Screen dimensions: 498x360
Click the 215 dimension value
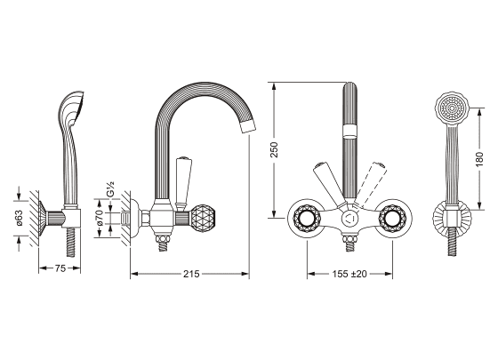click(x=191, y=274)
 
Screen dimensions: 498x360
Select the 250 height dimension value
click(x=274, y=150)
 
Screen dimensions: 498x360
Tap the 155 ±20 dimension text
click(x=349, y=274)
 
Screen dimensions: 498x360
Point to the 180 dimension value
click(x=479, y=159)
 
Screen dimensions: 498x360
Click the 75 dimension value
click(x=60, y=268)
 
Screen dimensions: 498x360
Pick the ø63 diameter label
click(x=19, y=218)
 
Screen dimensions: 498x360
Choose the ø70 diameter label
click(x=99, y=218)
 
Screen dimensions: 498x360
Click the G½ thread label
click(x=110, y=189)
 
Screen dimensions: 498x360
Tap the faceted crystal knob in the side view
click(x=201, y=218)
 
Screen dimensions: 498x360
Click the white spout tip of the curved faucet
click(x=248, y=126)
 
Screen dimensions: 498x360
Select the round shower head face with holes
click(x=452, y=108)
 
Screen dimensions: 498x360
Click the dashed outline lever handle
click(x=372, y=182)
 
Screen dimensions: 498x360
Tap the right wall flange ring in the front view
click(x=394, y=218)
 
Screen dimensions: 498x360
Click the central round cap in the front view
click(x=350, y=219)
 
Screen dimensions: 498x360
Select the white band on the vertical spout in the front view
click(x=350, y=131)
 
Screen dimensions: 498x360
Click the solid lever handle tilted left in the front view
click(x=328, y=185)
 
